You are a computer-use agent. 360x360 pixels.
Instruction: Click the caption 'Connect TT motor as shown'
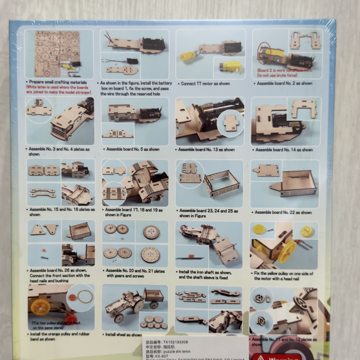206,83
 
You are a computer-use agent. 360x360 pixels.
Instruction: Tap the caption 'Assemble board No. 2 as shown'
284,83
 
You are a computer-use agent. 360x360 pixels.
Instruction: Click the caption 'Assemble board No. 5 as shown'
132,150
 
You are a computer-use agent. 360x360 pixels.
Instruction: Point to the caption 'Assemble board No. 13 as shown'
206,150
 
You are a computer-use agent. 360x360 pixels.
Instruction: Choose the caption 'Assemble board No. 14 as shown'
284,150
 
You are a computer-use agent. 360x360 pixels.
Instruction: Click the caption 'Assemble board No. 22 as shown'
283,212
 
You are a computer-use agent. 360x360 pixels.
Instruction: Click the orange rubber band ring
85,297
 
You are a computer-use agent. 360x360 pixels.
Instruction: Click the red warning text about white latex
59,90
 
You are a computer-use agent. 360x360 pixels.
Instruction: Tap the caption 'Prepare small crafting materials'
57,82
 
